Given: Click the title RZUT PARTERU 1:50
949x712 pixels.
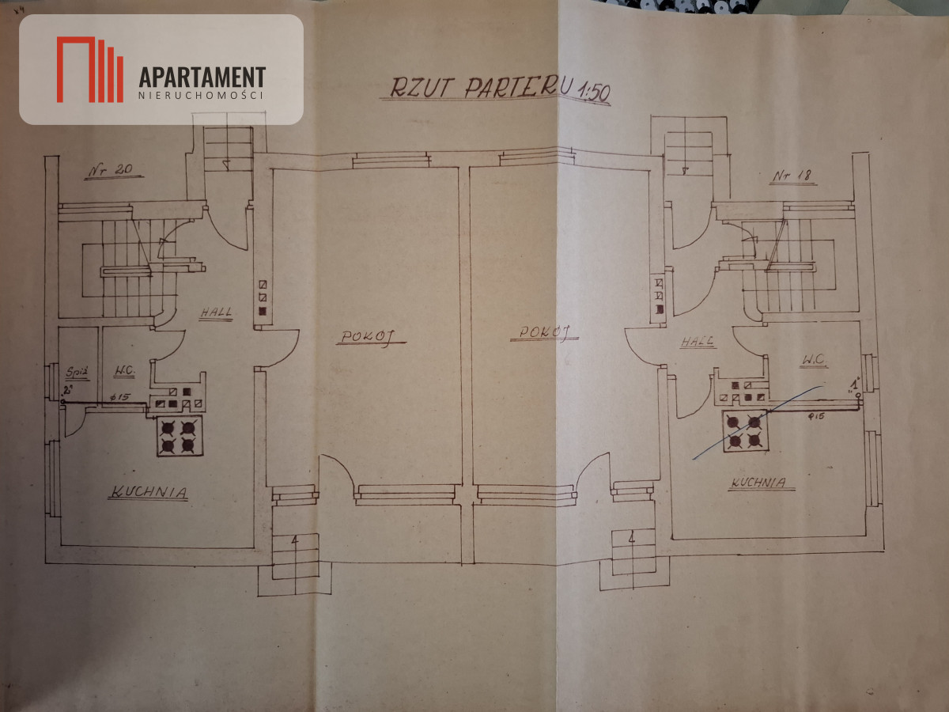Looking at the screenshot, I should (x=496, y=88).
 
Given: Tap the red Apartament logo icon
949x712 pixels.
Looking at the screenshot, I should (x=89, y=70).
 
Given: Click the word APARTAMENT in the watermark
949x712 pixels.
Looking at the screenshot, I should (x=202, y=77).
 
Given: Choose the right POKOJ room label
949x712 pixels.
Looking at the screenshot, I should (x=545, y=331).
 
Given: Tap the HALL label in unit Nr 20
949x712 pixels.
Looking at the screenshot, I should (x=216, y=312).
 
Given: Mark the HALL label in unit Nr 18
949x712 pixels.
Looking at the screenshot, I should (x=698, y=343).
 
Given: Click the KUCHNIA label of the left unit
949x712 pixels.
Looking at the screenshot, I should (x=149, y=492).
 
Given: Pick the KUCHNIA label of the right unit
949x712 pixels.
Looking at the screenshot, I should (x=758, y=482).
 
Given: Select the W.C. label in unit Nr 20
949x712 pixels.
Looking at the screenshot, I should (x=125, y=370).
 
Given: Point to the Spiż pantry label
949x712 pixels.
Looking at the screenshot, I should (x=77, y=370).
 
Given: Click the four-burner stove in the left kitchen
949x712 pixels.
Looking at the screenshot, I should (x=178, y=435).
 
